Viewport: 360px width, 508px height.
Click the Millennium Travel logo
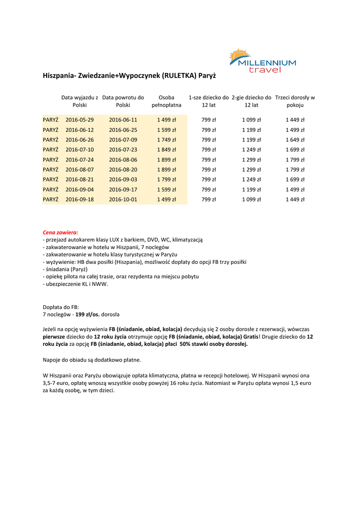pyautogui.click(x=262, y=61)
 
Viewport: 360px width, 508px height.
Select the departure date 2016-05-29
pyautogui.click(x=79, y=120)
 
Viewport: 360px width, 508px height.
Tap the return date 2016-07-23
pyautogui.click(x=123, y=149)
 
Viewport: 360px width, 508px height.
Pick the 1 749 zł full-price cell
pyautogui.click(x=166, y=139)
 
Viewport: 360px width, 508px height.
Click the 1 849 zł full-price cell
pyautogui.click(x=166, y=149)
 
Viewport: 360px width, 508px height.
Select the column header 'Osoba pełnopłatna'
pyautogui.click(x=166, y=101)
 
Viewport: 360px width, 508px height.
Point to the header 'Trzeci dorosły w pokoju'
pyautogui.click(x=295, y=101)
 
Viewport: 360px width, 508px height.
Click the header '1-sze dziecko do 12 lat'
pyautogui.click(x=209, y=101)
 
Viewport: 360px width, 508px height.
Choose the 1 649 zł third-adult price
pyautogui.click(x=295, y=139)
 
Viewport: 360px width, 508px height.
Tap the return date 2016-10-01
pyautogui.click(x=123, y=199)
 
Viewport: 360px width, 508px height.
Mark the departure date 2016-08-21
pyautogui.click(x=79, y=180)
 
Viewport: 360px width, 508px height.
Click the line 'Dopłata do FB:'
pyautogui.click(x=61, y=307)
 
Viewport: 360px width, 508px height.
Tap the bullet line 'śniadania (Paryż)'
pyautogui.click(x=66, y=269)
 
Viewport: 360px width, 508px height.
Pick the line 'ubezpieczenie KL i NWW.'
pyautogui.click(x=75, y=284)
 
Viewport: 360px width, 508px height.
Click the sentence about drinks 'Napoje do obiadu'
pyautogui.click(x=92, y=360)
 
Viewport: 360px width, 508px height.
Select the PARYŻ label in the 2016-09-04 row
pyautogui.click(x=51, y=190)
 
